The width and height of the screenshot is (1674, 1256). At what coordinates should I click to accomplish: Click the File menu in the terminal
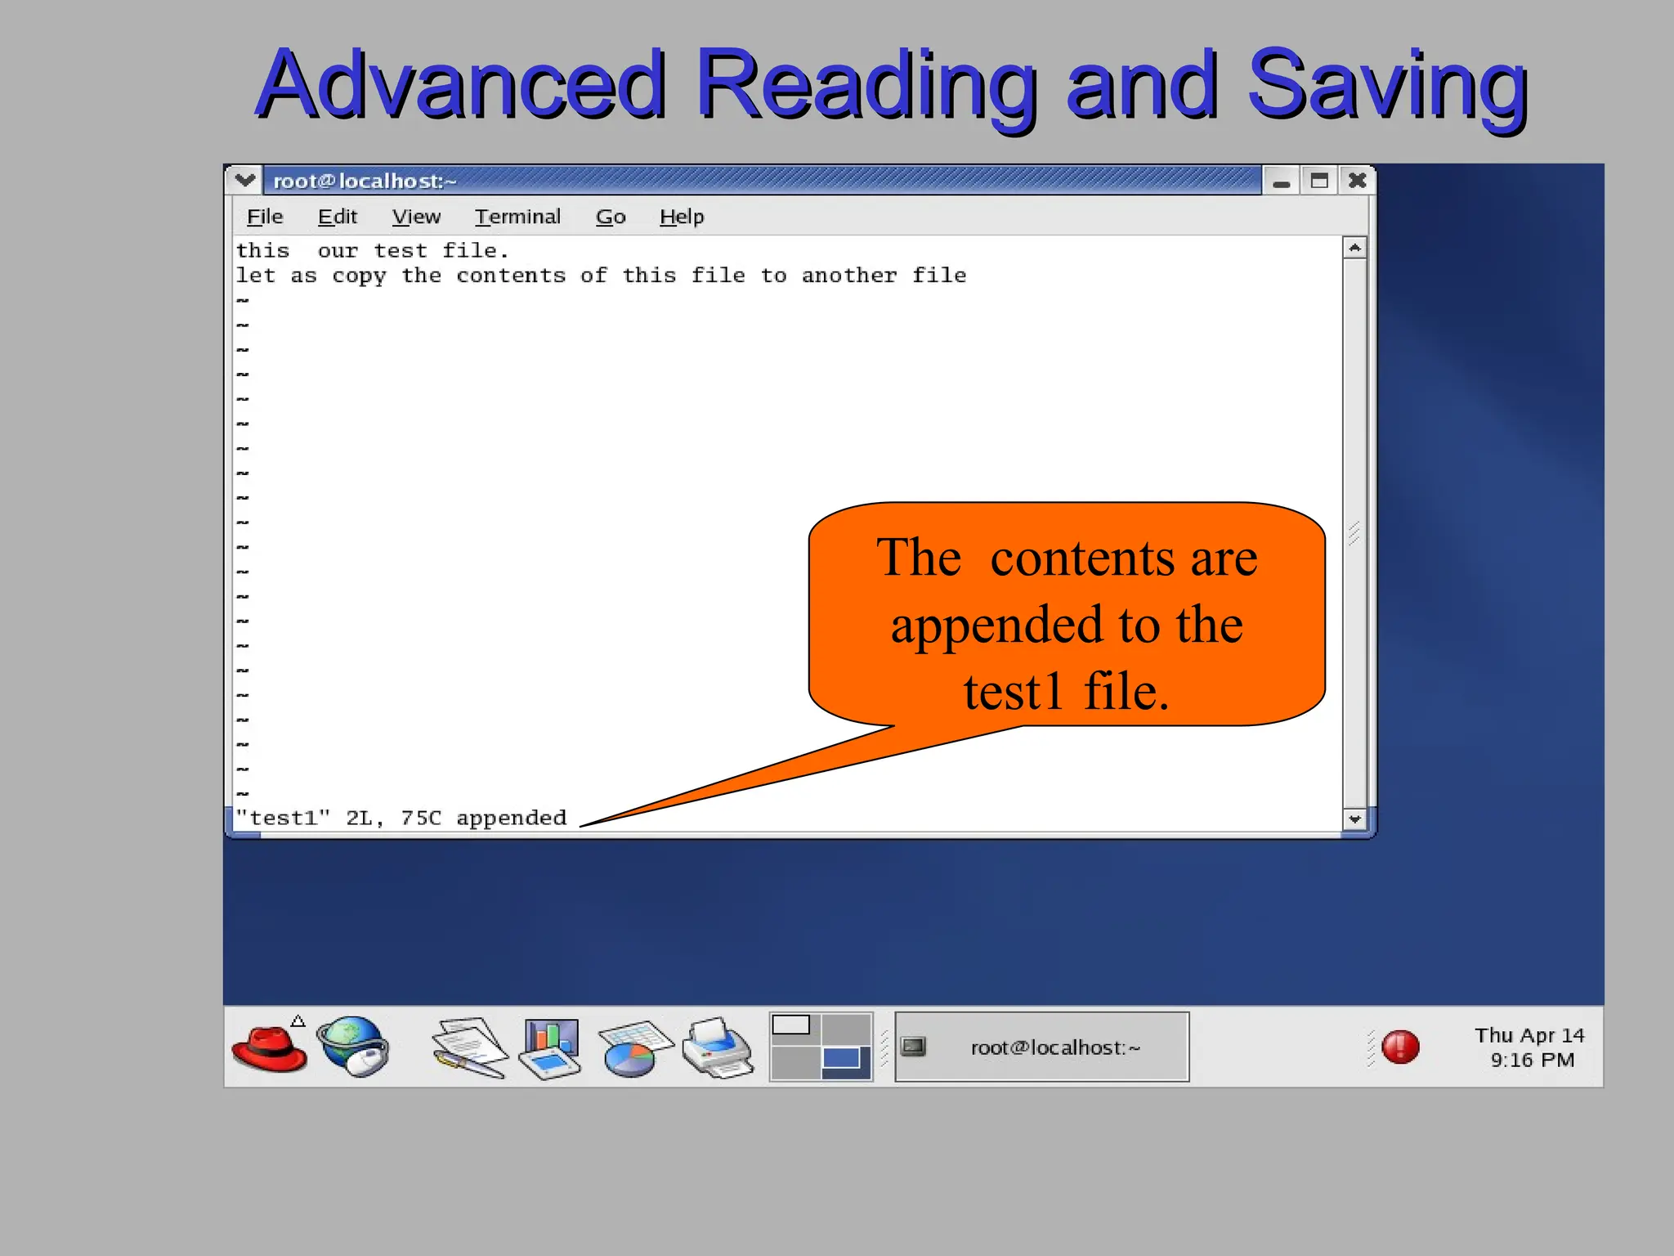pyautogui.click(x=265, y=217)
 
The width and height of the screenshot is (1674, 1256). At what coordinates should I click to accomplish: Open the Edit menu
pyautogui.click(x=338, y=217)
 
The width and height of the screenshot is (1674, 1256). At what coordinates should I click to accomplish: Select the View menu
pyautogui.click(x=416, y=217)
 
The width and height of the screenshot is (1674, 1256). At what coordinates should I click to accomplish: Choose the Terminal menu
pyautogui.click(x=517, y=217)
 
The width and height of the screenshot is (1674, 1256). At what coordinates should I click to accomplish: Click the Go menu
pyautogui.click(x=611, y=217)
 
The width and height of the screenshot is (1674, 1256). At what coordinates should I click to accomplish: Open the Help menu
pyautogui.click(x=682, y=217)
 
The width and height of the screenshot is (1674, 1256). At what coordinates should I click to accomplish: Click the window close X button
pyautogui.click(x=1357, y=181)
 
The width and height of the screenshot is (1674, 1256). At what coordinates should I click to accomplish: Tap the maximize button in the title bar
pyautogui.click(x=1319, y=181)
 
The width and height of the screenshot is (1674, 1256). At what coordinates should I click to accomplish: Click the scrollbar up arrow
pyautogui.click(x=1354, y=248)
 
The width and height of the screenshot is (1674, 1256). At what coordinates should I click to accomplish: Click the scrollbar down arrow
pyautogui.click(x=1354, y=819)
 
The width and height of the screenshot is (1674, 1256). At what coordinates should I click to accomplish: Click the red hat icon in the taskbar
pyautogui.click(x=270, y=1048)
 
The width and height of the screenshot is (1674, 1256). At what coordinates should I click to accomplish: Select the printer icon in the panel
pyautogui.click(x=718, y=1047)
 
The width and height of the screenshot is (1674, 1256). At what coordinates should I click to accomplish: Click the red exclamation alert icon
pyautogui.click(x=1400, y=1047)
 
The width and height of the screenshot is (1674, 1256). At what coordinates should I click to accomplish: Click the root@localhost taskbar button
pyautogui.click(x=1041, y=1047)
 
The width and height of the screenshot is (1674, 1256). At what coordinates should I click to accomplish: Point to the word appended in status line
pyautogui.click(x=511, y=818)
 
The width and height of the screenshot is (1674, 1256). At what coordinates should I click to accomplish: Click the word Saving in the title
pyautogui.click(x=1387, y=85)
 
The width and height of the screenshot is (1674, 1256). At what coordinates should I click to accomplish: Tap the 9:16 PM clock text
pyautogui.click(x=1532, y=1061)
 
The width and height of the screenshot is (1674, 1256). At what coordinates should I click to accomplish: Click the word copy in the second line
pyautogui.click(x=359, y=276)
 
